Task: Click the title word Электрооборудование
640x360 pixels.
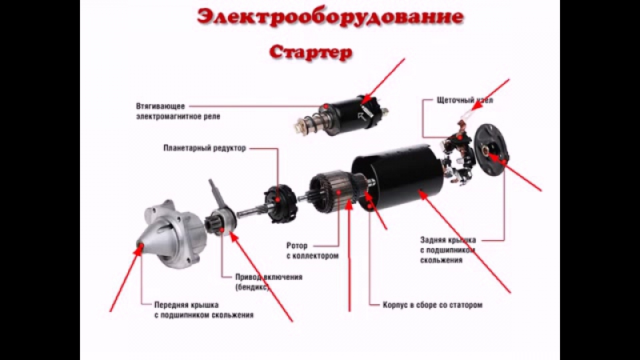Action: [330, 17]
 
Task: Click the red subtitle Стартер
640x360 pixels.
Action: [311, 52]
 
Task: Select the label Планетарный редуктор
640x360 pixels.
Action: [205, 148]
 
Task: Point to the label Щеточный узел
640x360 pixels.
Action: [465, 101]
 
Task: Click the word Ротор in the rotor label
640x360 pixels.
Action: [297, 246]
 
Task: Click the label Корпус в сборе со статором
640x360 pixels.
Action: [432, 305]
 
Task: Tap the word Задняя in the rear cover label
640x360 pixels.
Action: [433, 240]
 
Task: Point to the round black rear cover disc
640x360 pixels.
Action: [491, 150]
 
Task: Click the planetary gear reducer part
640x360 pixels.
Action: [282, 203]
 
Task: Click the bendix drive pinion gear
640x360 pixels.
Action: [221, 222]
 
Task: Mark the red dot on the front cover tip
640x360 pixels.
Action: [140, 246]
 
